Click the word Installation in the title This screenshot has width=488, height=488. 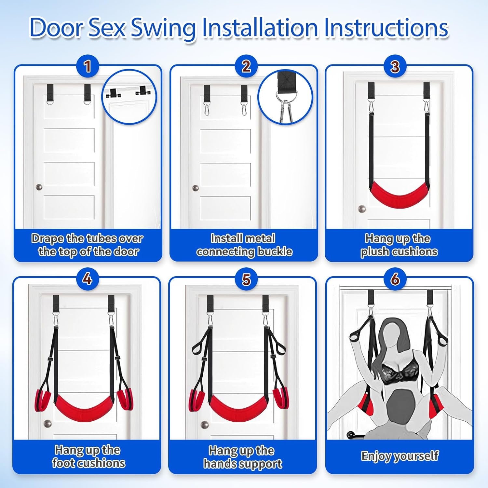(260, 28)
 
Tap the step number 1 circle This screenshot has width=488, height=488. (87, 66)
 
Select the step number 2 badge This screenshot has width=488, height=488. (246, 66)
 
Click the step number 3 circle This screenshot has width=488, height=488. (395, 66)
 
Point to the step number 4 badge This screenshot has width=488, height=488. (87, 278)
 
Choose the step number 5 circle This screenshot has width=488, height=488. (246, 279)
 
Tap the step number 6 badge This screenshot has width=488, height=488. (395, 278)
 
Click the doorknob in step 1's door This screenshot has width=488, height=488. (39, 187)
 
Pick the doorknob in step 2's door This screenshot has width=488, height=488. (196, 188)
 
